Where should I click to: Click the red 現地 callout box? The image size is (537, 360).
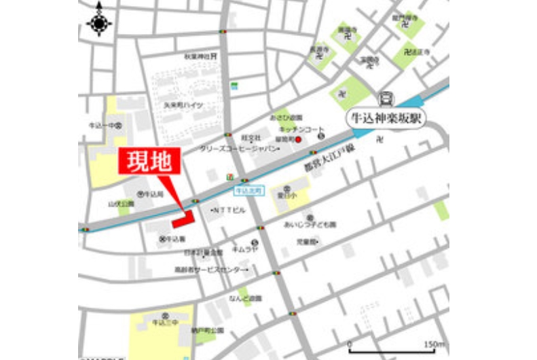[x=150, y=162]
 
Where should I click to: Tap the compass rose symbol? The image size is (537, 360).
[x=100, y=23]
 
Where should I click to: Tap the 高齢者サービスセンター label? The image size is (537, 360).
[x=210, y=270]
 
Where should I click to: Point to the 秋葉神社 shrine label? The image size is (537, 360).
[x=198, y=57]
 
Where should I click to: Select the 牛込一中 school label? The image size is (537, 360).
[x=103, y=126]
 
